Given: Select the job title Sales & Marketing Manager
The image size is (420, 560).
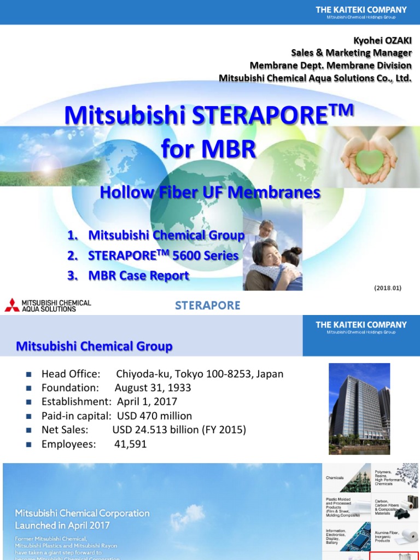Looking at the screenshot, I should (x=351, y=53).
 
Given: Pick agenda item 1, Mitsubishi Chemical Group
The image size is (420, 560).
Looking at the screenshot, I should (x=156, y=236).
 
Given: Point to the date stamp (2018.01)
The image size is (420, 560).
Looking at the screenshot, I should (x=388, y=288).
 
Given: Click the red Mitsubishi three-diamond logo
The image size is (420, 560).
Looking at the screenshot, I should (x=11, y=305).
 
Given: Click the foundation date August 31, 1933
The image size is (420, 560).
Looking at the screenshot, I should (x=153, y=388).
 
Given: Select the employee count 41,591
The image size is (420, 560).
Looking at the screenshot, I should (x=130, y=445).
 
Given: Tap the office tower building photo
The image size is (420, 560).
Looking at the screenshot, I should (x=359, y=409).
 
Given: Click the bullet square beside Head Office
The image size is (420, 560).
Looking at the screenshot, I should (x=29, y=375).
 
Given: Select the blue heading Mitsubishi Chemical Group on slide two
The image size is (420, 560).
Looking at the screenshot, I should (x=94, y=346).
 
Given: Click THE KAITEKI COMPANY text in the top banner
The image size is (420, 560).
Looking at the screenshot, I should (x=361, y=10).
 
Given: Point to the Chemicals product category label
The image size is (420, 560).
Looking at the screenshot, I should (x=335, y=477).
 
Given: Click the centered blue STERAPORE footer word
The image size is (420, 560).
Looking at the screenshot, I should (x=207, y=306).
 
